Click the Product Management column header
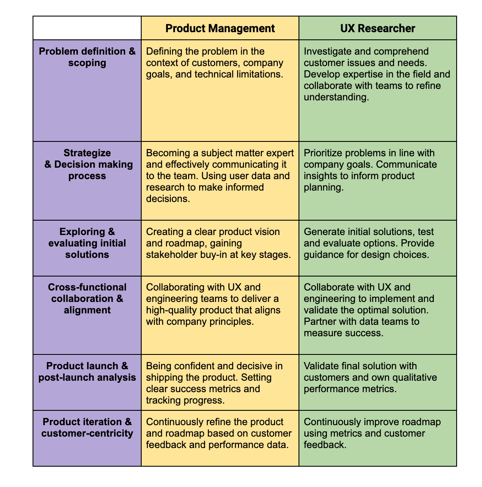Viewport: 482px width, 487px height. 220,28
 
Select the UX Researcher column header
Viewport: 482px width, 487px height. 378,28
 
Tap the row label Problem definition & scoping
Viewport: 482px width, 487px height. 87,57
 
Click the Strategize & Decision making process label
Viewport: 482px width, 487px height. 87,164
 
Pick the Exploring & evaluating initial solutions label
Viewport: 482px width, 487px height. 87,243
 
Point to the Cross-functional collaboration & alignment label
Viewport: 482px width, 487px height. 87,299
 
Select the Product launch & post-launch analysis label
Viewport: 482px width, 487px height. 87,371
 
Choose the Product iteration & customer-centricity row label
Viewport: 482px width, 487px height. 87,427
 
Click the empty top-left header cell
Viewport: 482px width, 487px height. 87,28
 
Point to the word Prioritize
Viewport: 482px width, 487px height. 322,153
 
